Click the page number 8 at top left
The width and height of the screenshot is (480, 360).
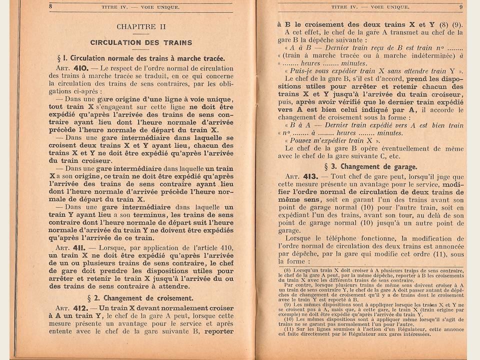click(51, 7)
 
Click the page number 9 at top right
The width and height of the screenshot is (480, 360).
click(461, 7)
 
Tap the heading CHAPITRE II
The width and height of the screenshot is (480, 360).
click(141, 26)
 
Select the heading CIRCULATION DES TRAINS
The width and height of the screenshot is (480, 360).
click(141, 42)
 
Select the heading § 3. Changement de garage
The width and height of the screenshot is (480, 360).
click(370, 166)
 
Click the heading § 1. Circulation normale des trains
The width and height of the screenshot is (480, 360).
click(141, 58)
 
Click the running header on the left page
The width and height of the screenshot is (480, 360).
click(141, 7)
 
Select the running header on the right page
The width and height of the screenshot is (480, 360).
click(370, 7)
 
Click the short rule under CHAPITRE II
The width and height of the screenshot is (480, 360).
click(141, 34)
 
